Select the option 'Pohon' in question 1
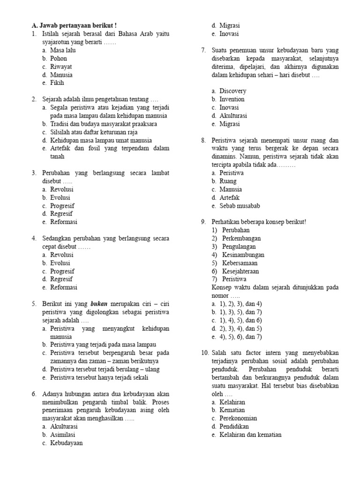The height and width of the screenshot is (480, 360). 59,59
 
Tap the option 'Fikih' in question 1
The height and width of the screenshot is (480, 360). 57,83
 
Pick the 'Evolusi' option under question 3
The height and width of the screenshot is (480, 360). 61,197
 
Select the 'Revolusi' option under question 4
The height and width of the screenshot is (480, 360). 62,255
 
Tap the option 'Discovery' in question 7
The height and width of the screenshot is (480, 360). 232,91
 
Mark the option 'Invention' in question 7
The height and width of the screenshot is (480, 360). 232,99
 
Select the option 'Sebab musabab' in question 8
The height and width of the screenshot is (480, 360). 240,206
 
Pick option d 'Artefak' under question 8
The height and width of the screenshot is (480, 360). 229,197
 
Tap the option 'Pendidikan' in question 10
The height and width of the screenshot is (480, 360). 234,426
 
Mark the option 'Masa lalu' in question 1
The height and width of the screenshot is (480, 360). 63,50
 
